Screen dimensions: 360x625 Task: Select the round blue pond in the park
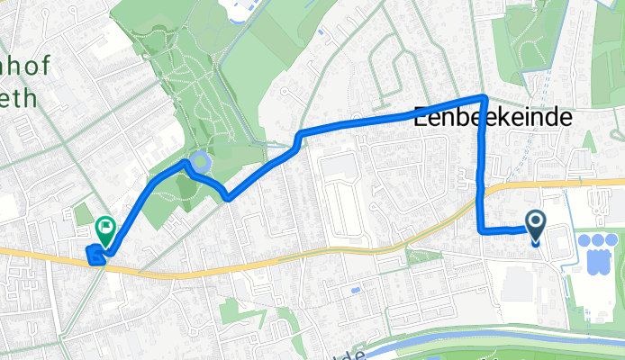coord(202,163)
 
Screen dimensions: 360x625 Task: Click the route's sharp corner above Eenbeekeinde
coord(485,96)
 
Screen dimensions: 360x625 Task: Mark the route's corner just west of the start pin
coord(479,230)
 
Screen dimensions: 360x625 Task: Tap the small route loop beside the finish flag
coord(95,256)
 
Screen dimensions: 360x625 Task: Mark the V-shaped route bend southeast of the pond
coord(228,198)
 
